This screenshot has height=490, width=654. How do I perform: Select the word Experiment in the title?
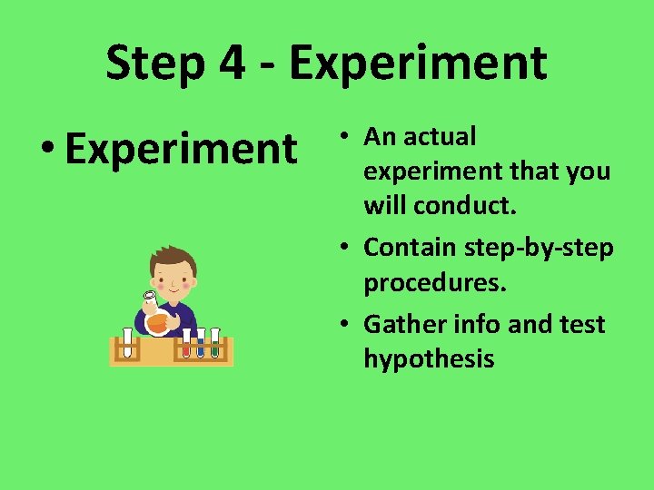pos(418,64)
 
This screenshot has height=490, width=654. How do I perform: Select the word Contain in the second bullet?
pos(411,247)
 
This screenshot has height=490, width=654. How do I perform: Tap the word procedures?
pos(434,283)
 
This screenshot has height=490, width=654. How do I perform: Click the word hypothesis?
pos(429,359)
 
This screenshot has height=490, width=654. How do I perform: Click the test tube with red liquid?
pos(186,343)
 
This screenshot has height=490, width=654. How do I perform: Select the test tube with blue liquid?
pos(201,343)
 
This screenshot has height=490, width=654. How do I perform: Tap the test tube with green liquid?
pos(215,343)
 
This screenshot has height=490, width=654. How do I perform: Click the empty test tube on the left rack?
pos(128,343)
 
